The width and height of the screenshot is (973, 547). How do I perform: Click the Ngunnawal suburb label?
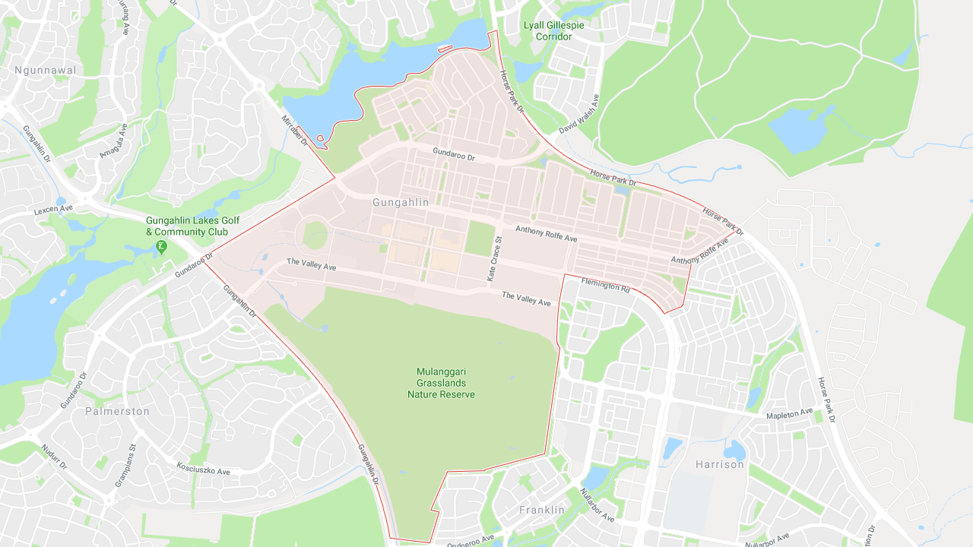(x=46, y=71)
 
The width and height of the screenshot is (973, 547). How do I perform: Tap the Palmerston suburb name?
(x=117, y=411)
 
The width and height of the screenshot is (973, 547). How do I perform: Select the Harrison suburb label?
(x=719, y=464)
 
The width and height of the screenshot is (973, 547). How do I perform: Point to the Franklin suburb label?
(x=542, y=511)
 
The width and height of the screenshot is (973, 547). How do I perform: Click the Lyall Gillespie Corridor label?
(x=553, y=30)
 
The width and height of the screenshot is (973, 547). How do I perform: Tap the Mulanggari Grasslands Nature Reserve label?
(x=441, y=383)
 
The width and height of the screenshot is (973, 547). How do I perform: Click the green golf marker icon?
(x=161, y=246)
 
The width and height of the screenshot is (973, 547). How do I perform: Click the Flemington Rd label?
(x=606, y=286)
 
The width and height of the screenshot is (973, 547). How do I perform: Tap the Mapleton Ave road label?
(x=789, y=414)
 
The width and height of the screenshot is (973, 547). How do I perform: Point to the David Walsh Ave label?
(x=579, y=114)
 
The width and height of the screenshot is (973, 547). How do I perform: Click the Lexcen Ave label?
(x=53, y=208)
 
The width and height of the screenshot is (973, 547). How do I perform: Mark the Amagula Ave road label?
(x=113, y=141)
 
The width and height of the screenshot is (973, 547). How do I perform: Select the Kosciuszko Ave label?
(x=203, y=469)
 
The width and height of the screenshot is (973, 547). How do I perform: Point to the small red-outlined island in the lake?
(x=320, y=139)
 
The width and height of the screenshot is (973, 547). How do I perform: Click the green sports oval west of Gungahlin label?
(x=315, y=234)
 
